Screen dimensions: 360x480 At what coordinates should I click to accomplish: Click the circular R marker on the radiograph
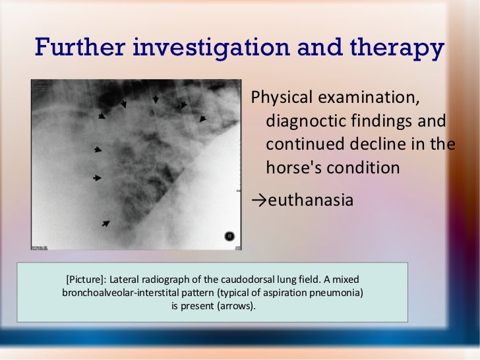coord(229,235)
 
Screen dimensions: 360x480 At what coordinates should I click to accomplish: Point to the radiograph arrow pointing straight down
coord(156,99)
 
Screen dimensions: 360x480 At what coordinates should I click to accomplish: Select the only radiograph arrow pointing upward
coord(105,224)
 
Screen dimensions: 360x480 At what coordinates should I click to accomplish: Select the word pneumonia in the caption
coord(337,292)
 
